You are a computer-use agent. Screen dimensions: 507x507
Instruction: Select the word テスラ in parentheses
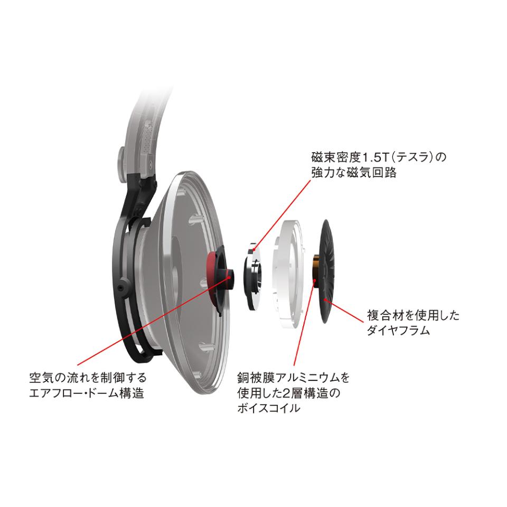414,157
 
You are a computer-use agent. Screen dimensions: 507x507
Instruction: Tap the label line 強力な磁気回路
354,173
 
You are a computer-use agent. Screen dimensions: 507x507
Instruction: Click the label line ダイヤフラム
398,331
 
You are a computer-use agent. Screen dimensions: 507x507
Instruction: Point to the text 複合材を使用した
413,315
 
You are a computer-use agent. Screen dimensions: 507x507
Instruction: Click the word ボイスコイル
268,408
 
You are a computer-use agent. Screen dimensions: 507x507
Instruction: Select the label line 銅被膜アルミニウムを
293,377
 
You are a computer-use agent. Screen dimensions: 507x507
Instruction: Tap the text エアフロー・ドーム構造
87,393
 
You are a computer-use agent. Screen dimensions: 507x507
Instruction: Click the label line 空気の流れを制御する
88,377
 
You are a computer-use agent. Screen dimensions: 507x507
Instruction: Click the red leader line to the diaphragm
344,311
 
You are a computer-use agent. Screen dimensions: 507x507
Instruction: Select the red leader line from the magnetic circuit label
282,215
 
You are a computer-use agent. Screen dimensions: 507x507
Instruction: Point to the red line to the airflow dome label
153,321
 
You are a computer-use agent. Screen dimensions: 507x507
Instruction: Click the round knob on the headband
122,164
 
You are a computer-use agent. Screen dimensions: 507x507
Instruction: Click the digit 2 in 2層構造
286,393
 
